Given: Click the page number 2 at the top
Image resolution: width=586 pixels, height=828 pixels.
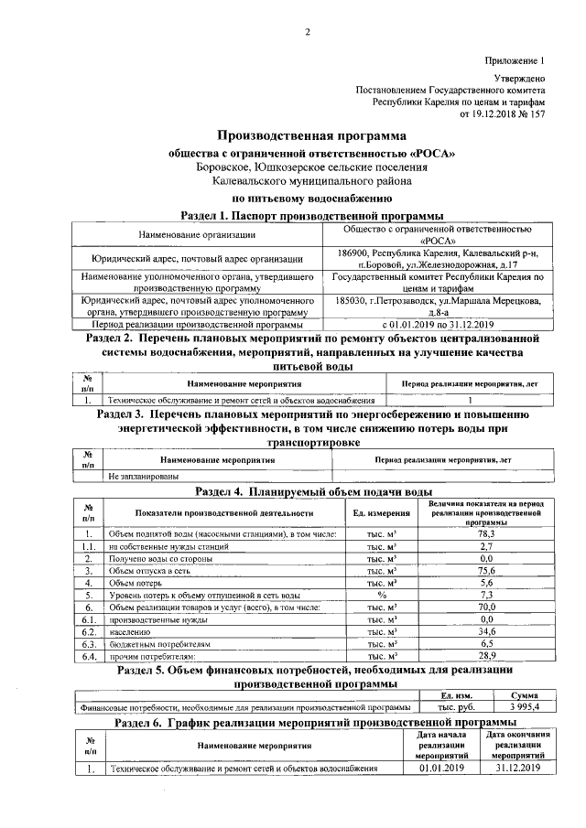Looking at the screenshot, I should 308,33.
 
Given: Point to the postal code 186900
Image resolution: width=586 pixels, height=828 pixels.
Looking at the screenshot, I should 353,253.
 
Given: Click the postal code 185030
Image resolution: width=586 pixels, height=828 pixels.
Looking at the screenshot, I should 353,300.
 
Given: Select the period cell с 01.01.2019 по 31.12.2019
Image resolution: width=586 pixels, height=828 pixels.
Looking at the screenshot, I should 438,324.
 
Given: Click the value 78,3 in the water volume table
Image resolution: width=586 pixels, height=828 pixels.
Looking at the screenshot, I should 486,533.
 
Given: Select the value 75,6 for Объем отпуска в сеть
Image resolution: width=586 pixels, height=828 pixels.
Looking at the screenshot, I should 486,569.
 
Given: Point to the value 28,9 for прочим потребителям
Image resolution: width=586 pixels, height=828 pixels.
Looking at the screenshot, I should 486,655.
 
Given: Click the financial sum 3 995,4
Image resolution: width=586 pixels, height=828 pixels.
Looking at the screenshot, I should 524,707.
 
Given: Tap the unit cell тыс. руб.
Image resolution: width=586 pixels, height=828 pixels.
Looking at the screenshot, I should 456,707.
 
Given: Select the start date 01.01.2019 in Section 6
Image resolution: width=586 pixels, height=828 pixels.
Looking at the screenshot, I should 442,768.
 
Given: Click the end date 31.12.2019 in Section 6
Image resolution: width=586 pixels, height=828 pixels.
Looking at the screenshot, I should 514,768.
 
